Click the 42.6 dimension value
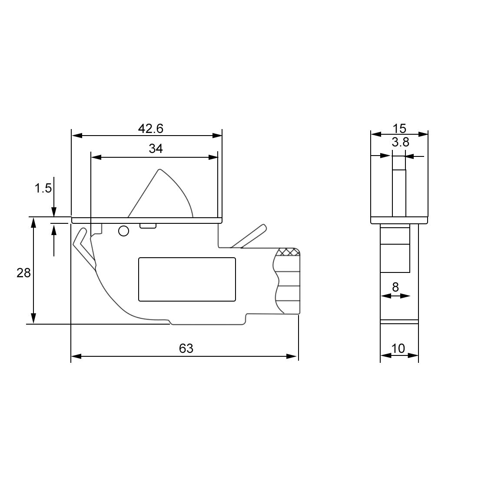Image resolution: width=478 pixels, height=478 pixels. [x=150, y=129]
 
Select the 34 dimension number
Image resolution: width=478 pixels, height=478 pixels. [x=156, y=149]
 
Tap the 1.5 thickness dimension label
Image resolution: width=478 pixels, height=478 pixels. [x=43, y=188]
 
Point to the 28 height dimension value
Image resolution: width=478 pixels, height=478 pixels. [x=23, y=273]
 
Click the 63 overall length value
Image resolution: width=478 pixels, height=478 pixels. [x=186, y=349]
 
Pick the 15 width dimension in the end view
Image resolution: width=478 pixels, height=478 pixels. [x=399, y=129]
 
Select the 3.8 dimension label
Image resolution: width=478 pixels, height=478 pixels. [x=400, y=142]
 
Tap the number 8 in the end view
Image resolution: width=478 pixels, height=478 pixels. [x=395, y=287]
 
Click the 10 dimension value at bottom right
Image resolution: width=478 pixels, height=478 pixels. [x=398, y=349]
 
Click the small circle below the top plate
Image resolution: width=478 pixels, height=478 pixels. [x=123, y=231]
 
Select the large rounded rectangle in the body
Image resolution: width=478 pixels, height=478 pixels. [x=187, y=279]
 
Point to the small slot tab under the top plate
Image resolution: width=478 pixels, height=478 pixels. [x=148, y=226]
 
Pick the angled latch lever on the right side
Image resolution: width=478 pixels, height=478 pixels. [x=249, y=236]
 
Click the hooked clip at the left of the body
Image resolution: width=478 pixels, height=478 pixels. [x=83, y=246]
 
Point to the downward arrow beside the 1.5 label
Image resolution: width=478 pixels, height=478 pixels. [x=54, y=212]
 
